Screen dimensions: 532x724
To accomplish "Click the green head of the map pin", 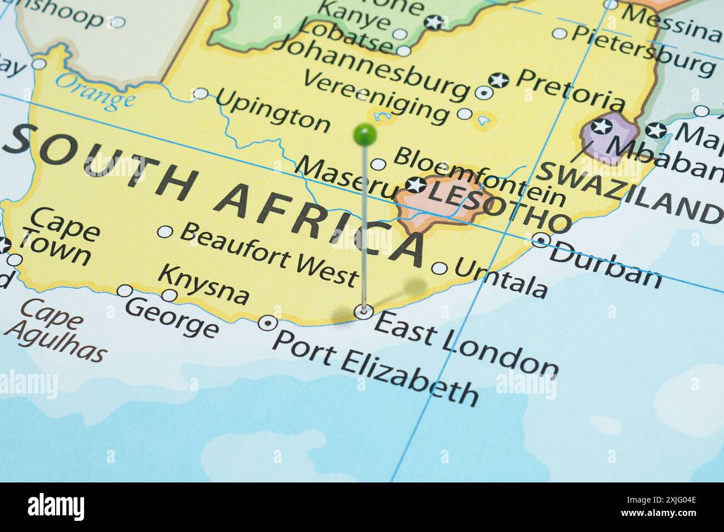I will tap(365, 134).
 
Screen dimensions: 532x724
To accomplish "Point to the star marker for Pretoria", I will tap(498, 81).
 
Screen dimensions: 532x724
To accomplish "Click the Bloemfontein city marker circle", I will tap(378, 165).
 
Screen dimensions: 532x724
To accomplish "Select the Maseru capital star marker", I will tap(415, 185).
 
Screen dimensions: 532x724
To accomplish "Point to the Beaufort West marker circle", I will tap(165, 231).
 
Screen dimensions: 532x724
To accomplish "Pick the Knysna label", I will tap(204, 284).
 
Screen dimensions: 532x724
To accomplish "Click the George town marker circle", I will tap(125, 291).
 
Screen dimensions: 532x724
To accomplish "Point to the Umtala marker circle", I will tap(439, 269).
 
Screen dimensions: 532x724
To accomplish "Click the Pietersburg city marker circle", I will tap(559, 33).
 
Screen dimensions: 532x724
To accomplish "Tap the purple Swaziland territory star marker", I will tap(601, 126).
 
